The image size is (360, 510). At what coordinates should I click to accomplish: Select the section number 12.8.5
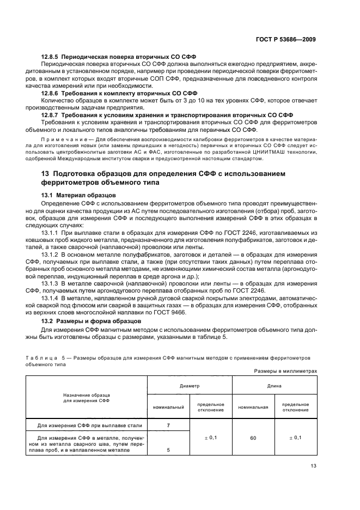click(x=51, y=57)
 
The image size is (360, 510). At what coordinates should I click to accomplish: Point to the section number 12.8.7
click(x=51, y=115)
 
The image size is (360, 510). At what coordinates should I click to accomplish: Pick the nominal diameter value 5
click(x=168, y=450)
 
